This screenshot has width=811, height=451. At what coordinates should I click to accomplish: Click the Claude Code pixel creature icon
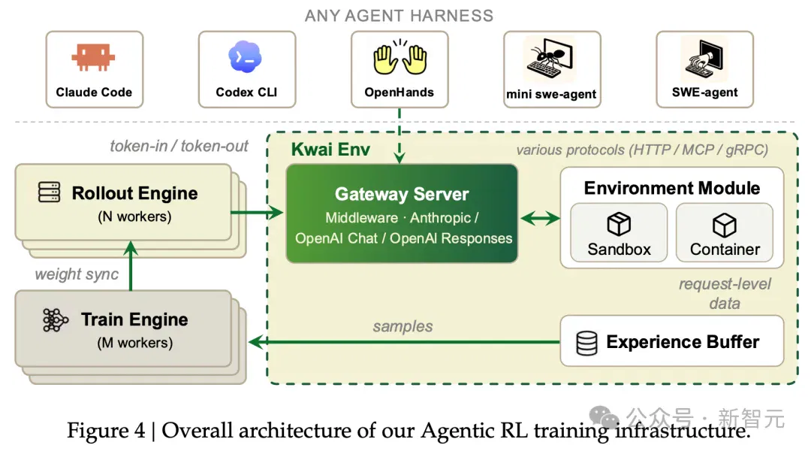(x=93, y=57)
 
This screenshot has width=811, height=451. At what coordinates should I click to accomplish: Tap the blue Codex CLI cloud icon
(x=245, y=57)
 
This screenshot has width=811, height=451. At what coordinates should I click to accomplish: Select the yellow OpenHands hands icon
(x=399, y=57)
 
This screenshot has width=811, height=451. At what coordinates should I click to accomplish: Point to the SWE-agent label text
(x=704, y=92)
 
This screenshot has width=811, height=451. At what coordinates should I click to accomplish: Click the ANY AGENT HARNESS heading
(x=399, y=16)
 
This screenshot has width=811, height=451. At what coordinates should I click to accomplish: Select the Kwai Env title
(x=330, y=150)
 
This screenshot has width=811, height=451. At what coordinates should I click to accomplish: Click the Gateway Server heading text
(x=401, y=194)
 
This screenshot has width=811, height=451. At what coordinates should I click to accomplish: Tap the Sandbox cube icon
(x=619, y=224)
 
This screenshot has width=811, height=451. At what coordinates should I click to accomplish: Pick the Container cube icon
(x=724, y=225)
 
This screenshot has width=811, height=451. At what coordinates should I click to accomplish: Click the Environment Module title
(x=672, y=188)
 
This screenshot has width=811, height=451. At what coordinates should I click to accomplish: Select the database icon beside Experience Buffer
(x=586, y=344)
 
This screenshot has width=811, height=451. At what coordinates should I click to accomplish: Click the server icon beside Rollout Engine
(x=49, y=192)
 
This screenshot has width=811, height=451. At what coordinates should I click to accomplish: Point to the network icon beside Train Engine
(x=55, y=320)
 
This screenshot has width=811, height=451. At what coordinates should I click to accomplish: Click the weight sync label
(x=77, y=274)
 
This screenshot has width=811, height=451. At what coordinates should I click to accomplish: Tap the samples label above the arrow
(x=402, y=326)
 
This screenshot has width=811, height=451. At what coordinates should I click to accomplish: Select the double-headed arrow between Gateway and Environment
(x=539, y=219)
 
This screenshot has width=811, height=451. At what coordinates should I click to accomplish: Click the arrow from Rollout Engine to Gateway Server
(x=257, y=212)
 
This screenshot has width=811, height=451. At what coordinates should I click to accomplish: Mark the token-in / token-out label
(x=179, y=147)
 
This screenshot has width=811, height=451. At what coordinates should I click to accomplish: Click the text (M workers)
(x=135, y=343)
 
